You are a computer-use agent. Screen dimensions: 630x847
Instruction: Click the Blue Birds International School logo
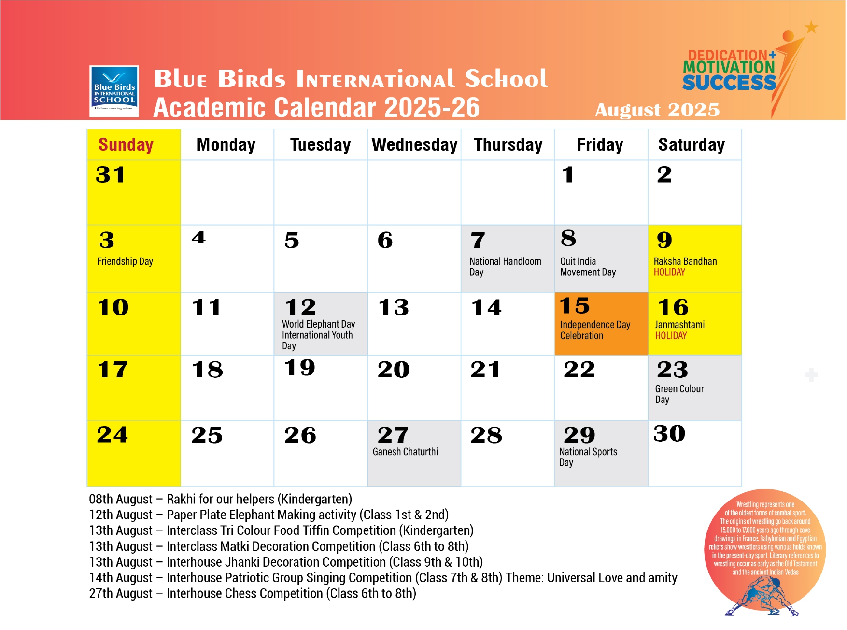tap(114, 91)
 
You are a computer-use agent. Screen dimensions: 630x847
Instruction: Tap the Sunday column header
tap(126, 145)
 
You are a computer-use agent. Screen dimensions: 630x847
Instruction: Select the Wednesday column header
tap(414, 145)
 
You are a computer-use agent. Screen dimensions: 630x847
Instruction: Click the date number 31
tap(111, 175)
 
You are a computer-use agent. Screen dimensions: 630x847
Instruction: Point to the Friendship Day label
tap(125, 261)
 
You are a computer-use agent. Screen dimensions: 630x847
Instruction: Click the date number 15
tap(575, 306)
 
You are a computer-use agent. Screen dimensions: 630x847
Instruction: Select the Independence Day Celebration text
tap(595, 330)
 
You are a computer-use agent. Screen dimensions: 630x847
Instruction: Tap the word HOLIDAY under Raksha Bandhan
tap(669, 272)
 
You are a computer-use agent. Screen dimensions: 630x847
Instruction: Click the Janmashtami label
tap(679, 325)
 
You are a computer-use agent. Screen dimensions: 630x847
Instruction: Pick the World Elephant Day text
tap(318, 324)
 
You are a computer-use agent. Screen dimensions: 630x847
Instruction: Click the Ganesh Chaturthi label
tap(405, 452)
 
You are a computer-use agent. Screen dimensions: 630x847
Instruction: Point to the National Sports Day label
tap(588, 457)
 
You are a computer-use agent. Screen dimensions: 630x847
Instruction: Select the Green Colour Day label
tap(679, 394)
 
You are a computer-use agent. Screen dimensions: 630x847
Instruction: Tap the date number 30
tap(669, 433)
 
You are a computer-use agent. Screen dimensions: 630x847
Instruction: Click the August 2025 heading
tap(657, 110)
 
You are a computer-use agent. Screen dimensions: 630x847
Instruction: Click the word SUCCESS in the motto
tap(729, 83)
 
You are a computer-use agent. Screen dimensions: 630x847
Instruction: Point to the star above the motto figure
tap(811, 27)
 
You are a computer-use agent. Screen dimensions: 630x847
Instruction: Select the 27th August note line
tap(253, 593)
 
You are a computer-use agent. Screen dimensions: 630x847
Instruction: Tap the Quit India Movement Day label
tap(588, 267)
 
